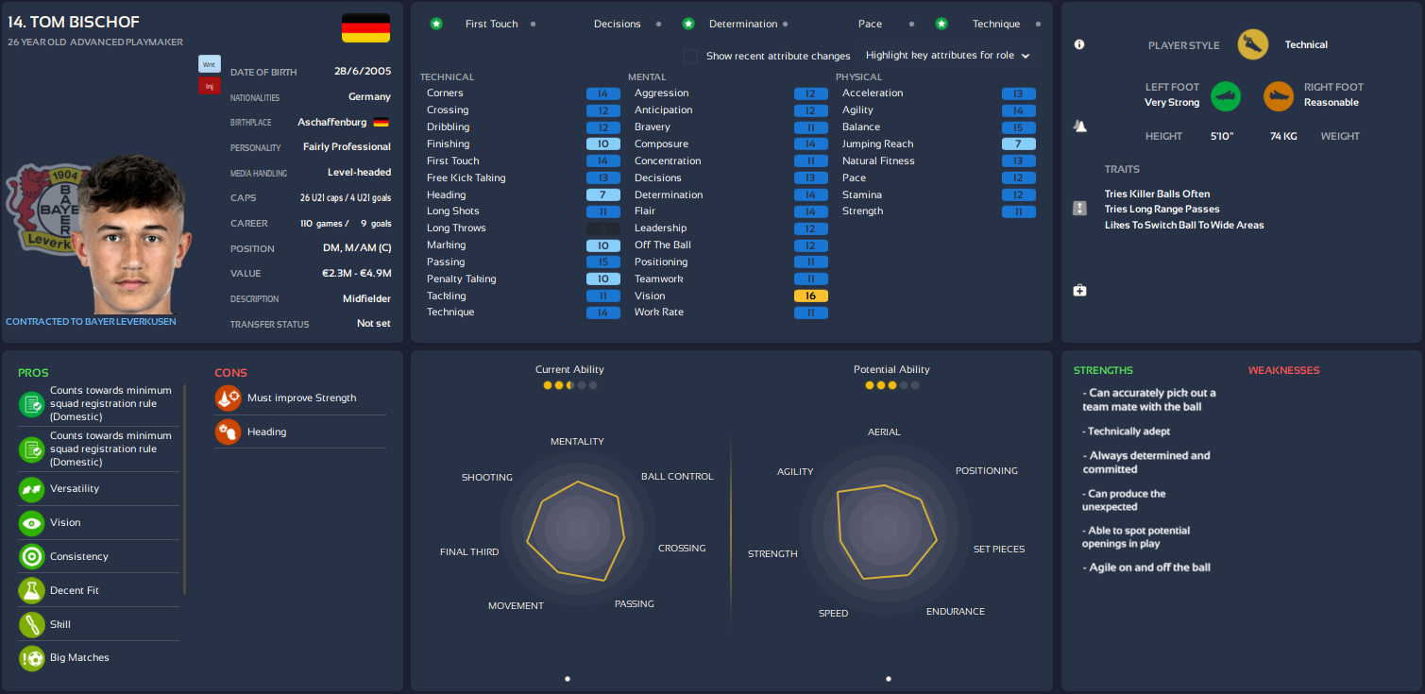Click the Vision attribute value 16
(x=810, y=296)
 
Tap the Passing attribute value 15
(x=602, y=262)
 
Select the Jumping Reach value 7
(x=1018, y=144)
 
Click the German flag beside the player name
(x=365, y=28)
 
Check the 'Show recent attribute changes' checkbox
(x=690, y=56)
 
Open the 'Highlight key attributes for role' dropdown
(x=947, y=56)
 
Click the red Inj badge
(x=209, y=86)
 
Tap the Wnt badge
(x=209, y=64)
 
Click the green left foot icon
(x=1226, y=95)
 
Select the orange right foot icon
(x=1279, y=95)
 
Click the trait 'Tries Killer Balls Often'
(x=1157, y=194)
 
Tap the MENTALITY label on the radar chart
(x=577, y=441)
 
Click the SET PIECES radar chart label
(x=998, y=549)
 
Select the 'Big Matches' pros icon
(x=32, y=657)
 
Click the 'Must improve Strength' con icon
(x=228, y=398)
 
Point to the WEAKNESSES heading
(x=1283, y=370)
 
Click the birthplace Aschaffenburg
(x=331, y=122)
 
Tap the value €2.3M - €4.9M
(x=356, y=274)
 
